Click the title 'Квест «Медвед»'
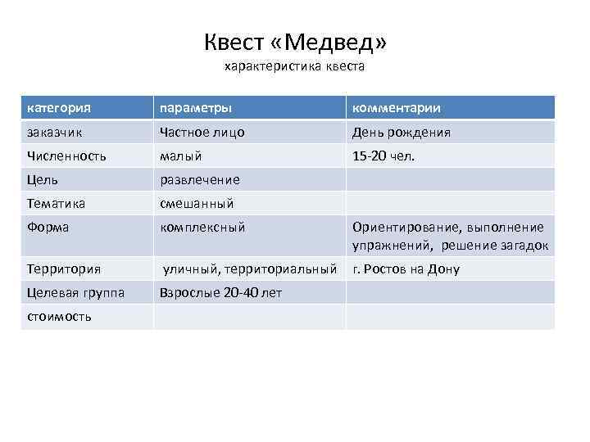[x=294, y=41]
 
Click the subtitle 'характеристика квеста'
[x=294, y=67]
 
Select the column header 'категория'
[x=58, y=108]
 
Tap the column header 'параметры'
[x=195, y=108]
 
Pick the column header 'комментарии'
[x=397, y=108]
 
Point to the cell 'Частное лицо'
[x=202, y=132]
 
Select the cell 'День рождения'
[x=402, y=132]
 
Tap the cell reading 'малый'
[x=181, y=156]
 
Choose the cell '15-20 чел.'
[x=383, y=156]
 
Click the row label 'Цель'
[x=43, y=179]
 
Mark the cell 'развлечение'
[x=200, y=179]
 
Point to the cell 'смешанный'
[x=197, y=203]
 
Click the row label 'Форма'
[x=48, y=228]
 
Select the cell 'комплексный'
[x=202, y=228]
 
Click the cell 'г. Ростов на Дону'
[x=406, y=268]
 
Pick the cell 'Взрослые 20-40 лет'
[x=220, y=292]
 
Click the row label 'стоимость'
[x=60, y=316]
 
